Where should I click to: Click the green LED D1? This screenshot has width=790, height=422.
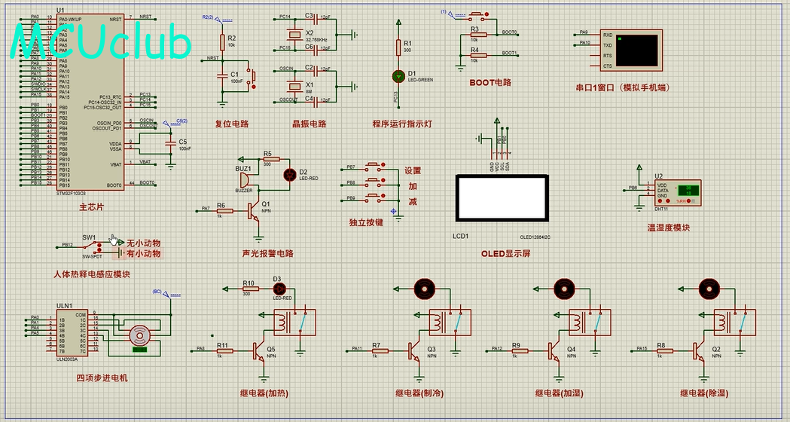(398, 77)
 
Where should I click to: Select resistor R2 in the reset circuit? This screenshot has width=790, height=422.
(222, 42)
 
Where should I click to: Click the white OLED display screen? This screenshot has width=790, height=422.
(501, 198)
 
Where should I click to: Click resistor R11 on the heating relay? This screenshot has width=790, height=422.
(223, 350)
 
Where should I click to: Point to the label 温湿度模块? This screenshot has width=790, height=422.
(668, 228)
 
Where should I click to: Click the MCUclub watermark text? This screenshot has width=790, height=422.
(102, 43)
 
